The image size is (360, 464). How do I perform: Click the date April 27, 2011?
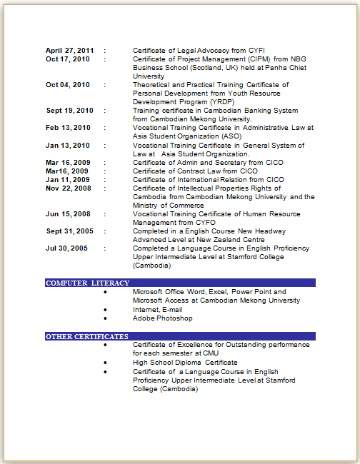click(69, 51)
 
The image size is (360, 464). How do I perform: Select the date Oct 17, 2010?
click(68, 59)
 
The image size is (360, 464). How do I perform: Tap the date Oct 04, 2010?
click(68, 85)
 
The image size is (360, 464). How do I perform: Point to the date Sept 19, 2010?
click(70, 111)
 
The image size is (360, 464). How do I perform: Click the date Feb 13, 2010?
click(68, 128)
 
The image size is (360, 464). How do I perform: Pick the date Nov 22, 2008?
click(69, 188)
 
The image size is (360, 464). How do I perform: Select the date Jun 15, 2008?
click(68, 214)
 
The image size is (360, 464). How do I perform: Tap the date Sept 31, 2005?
click(70, 231)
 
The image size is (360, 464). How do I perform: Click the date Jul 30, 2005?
click(67, 248)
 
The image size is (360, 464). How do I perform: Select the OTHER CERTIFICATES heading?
click(87, 336)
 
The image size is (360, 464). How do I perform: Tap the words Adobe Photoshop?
click(163, 318)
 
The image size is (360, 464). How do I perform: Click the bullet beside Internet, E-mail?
click(106, 310)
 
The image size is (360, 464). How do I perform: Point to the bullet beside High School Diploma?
click(106, 363)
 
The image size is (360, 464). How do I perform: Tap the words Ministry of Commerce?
click(169, 206)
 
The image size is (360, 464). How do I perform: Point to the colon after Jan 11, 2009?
click(105, 180)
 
